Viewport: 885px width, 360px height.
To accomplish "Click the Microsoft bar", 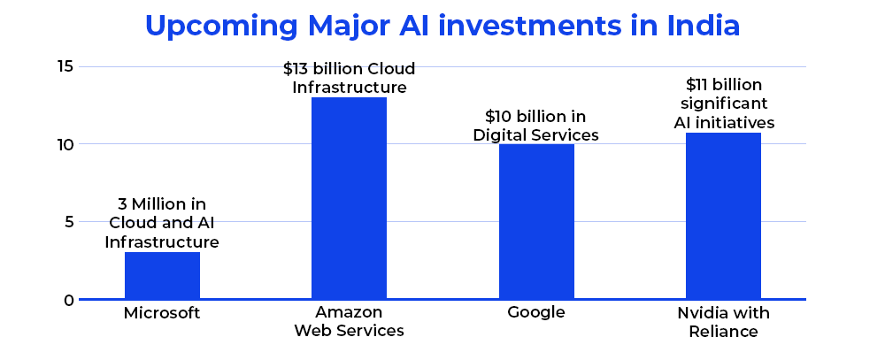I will point(162,276).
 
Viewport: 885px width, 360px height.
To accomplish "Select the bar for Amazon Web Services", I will point(349,198).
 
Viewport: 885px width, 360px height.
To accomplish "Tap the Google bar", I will point(536,221).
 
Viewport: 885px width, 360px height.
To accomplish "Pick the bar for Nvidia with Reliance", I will point(723,216).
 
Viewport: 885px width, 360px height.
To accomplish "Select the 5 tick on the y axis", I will point(66,222).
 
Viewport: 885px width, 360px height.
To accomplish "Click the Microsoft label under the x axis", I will point(162,314).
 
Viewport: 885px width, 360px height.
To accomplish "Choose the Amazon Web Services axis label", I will point(349,322).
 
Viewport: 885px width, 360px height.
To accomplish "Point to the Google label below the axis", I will point(536,314).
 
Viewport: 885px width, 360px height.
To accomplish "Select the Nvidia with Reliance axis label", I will point(723,322).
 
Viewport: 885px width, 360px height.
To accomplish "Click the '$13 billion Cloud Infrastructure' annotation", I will point(349,78).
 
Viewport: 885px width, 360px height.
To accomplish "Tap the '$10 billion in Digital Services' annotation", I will point(536,126).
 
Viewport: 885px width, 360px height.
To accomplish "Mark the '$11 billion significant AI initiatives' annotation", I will point(723,103).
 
